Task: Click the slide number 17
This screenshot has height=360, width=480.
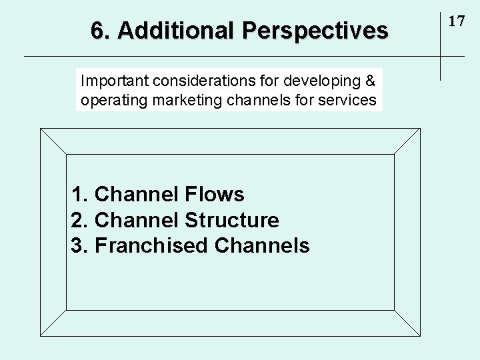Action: [x=456, y=21]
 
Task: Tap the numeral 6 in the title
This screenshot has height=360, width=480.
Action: [x=97, y=31]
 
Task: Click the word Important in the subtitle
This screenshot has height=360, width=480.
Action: [x=115, y=81]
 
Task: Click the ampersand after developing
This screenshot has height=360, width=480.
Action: [x=371, y=81]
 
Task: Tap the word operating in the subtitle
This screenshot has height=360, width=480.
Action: [x=108, y=101]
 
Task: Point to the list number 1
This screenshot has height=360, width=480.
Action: [x=78, y=195]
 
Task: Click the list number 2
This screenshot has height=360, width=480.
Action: [x=78, y=220]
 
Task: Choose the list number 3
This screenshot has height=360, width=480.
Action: [x=78, y=245]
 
